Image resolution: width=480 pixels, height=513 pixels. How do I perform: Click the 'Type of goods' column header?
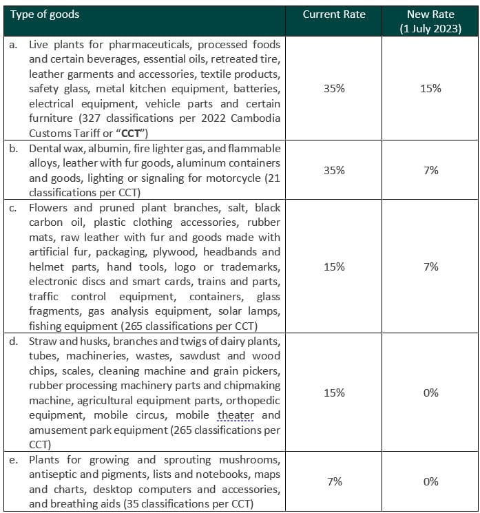45,14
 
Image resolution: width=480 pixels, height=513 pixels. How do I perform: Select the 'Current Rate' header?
334,14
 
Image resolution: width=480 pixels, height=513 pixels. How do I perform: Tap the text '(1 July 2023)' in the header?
431,28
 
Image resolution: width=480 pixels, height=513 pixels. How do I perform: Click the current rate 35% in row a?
334,89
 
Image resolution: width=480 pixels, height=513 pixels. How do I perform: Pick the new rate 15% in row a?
431,89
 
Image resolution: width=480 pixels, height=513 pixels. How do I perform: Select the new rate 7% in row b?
431,170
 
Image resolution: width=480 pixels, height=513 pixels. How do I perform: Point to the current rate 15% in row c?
334,266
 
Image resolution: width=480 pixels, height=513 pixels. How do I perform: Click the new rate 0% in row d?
431,392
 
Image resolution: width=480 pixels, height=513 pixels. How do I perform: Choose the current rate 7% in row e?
334,481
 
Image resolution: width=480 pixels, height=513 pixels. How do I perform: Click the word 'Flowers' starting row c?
48,208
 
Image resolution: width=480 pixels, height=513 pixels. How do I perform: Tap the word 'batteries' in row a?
258,89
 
